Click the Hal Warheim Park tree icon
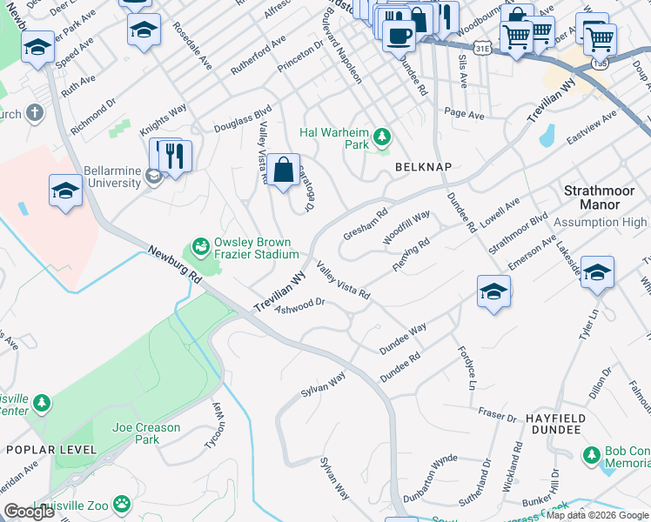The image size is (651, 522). [380, 136]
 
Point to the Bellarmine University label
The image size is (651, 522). [112, 177]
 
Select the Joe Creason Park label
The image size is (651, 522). [146, 433]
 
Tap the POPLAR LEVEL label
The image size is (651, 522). [44, 449]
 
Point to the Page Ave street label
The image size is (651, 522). [463, 114]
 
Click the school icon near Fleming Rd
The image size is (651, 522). [493, 292]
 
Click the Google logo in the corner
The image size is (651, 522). [29, 512]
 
